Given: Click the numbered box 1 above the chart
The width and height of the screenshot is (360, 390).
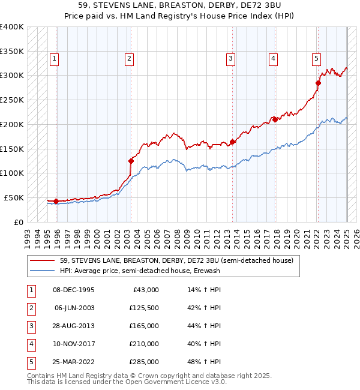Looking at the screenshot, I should (55, 59).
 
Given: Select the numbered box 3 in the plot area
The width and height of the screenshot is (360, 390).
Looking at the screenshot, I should (230, 59).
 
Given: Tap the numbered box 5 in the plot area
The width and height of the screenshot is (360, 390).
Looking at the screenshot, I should (316, 59).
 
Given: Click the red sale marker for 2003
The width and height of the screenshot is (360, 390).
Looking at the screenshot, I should (130, 160).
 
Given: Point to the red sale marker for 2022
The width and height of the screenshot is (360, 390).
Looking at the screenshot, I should (318, 83).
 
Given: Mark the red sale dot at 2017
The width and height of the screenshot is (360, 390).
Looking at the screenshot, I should (275, 119).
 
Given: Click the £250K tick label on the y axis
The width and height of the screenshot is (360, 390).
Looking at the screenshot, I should (12, 100).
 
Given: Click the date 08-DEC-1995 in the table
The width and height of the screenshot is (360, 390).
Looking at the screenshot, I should (74, 290).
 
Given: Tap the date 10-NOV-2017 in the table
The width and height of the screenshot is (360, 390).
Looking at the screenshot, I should (74, 344).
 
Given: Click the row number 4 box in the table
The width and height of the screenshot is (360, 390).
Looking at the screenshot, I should (31, 344).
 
